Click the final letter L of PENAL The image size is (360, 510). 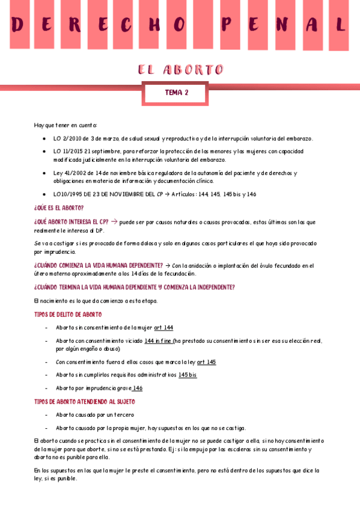340,25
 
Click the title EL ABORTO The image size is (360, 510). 180,70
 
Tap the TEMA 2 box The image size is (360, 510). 177,93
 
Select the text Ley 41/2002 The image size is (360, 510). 68,173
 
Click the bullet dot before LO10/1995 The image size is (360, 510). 44,194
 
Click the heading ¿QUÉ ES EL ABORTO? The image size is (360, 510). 59,207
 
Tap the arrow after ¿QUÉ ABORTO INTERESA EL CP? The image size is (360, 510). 114,221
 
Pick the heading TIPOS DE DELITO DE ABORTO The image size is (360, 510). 68,315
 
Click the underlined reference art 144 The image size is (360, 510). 163,327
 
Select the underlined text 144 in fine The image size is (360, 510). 159,341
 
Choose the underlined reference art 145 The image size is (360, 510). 206,362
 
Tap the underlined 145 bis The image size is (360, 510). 188,375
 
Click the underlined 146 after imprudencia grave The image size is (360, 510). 138,388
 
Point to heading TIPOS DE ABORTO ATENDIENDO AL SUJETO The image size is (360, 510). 85,401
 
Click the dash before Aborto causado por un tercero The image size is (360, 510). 47,415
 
